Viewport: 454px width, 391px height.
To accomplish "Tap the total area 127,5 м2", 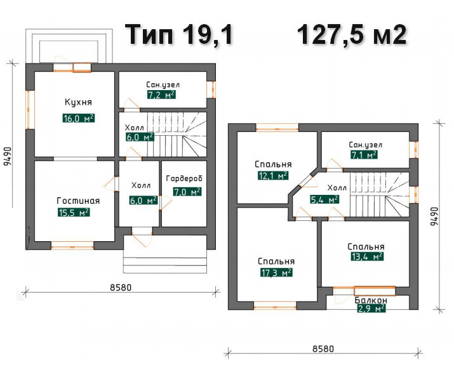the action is coord(352,35).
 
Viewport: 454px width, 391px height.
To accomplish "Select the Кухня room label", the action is coord(78,102).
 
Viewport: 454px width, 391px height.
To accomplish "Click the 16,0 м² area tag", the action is coord(79,118).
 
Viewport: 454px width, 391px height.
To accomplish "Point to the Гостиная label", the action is coord(78,201).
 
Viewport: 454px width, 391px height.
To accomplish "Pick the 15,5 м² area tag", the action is coord(74,213).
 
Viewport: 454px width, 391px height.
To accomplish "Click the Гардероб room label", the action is coord(184,179).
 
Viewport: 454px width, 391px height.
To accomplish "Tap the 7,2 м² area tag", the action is coord(161,95).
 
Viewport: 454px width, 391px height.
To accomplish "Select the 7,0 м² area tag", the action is coord(187,192).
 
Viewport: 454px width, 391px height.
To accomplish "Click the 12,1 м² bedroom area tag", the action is coord(273,175).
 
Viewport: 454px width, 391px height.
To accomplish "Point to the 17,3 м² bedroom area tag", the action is coord(276,272).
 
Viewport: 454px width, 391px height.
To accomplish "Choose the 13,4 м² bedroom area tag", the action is coord(367,256).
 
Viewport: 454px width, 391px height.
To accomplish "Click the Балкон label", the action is coord(371,300).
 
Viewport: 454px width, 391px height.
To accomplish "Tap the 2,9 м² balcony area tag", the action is coord(371,308).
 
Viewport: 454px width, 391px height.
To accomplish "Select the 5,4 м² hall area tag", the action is coord(324,199).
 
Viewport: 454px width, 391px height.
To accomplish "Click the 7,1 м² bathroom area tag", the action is coord(364,155).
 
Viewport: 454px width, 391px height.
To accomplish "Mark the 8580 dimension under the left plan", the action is coord(121,288).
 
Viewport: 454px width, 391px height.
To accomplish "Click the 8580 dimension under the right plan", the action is coord(323,348).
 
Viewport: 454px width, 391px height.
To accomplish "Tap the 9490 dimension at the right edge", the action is coord(435,216).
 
